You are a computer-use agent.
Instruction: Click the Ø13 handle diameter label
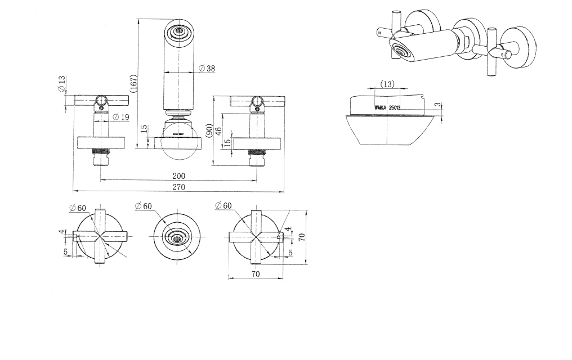tap(61, 85)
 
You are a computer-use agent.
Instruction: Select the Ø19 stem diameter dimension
tap(120, 117)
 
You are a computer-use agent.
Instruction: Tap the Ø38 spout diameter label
tap(207, 69)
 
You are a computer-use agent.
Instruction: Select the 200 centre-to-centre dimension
tap(178, 176)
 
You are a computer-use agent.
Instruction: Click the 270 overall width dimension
tap(178, 187)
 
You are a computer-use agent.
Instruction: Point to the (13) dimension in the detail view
tap(387, 84)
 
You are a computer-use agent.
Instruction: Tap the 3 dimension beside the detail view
tap(439, 105)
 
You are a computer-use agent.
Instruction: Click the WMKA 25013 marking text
tap(387, 106)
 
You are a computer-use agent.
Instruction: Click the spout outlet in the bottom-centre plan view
tap(178, 237)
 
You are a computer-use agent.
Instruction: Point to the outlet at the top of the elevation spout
tap(180, 31)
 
